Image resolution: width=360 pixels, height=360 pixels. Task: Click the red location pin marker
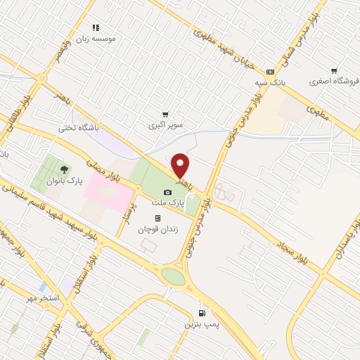click(181, 166)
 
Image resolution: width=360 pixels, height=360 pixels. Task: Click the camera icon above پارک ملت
click(167, 192)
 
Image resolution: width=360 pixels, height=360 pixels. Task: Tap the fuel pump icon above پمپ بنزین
click(202, 313)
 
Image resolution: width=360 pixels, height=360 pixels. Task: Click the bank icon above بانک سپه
click(271, 72)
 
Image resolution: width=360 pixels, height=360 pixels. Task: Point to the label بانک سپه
click(271, 82)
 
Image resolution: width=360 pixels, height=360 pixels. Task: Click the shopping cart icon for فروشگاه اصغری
click(333, 70)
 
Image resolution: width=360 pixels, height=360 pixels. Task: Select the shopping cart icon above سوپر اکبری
click(165, 115)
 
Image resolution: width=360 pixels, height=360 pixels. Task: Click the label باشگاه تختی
click(79, 128)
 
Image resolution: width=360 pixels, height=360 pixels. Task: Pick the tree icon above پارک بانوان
click(65, 169)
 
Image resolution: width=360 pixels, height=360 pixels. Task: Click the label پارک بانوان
click(65, 181)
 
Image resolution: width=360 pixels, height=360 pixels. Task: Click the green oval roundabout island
click(174, 276)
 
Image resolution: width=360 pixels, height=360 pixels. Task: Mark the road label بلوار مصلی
click(98, 172)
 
